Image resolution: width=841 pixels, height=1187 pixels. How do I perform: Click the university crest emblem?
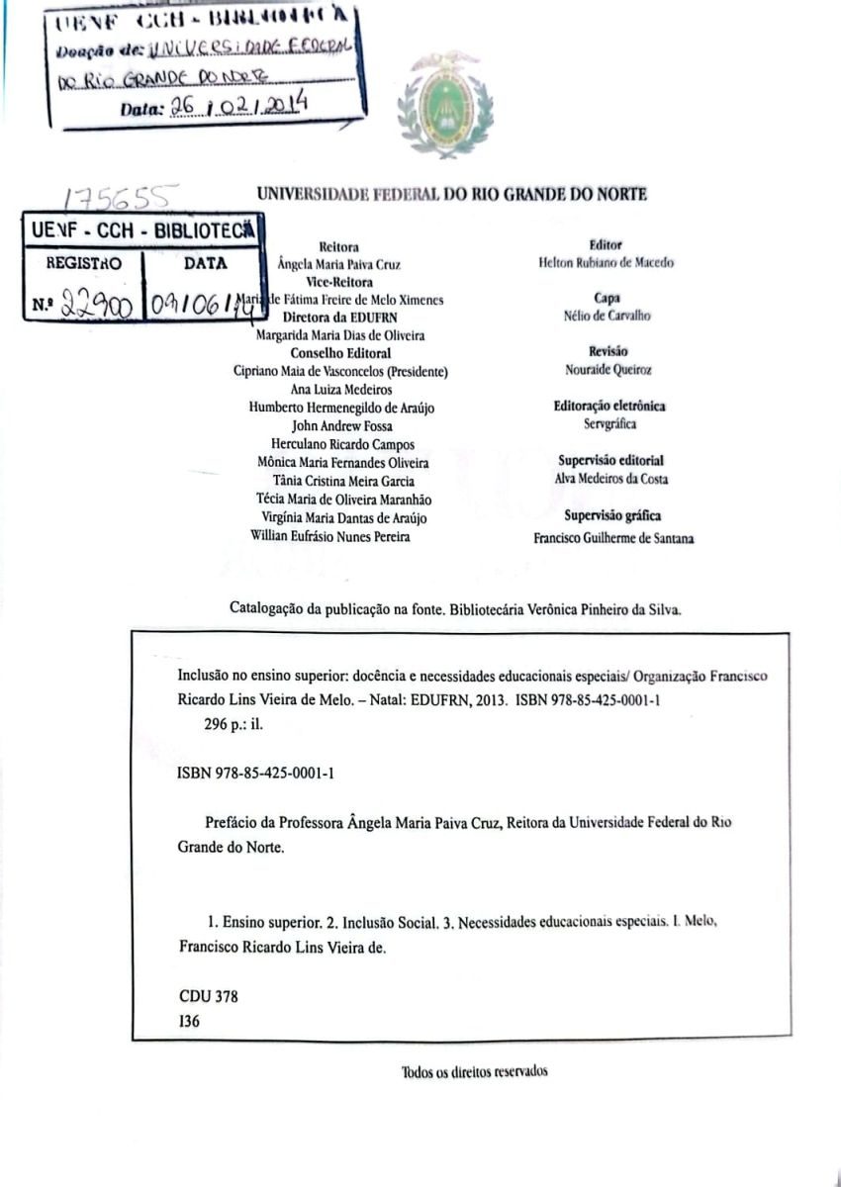pos(444,105)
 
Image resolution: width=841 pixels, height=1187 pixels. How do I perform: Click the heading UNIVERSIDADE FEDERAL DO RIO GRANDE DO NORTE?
pos(452,195)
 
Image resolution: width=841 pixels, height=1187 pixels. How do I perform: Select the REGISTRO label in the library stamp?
pos(84,264)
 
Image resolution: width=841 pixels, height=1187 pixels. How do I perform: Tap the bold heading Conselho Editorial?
pos(340,353)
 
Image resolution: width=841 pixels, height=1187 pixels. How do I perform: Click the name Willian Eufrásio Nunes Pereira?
pos(331,537)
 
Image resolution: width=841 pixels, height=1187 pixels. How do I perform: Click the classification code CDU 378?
pos(209,996)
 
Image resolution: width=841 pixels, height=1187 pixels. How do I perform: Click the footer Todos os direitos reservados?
pos(475,1072)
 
